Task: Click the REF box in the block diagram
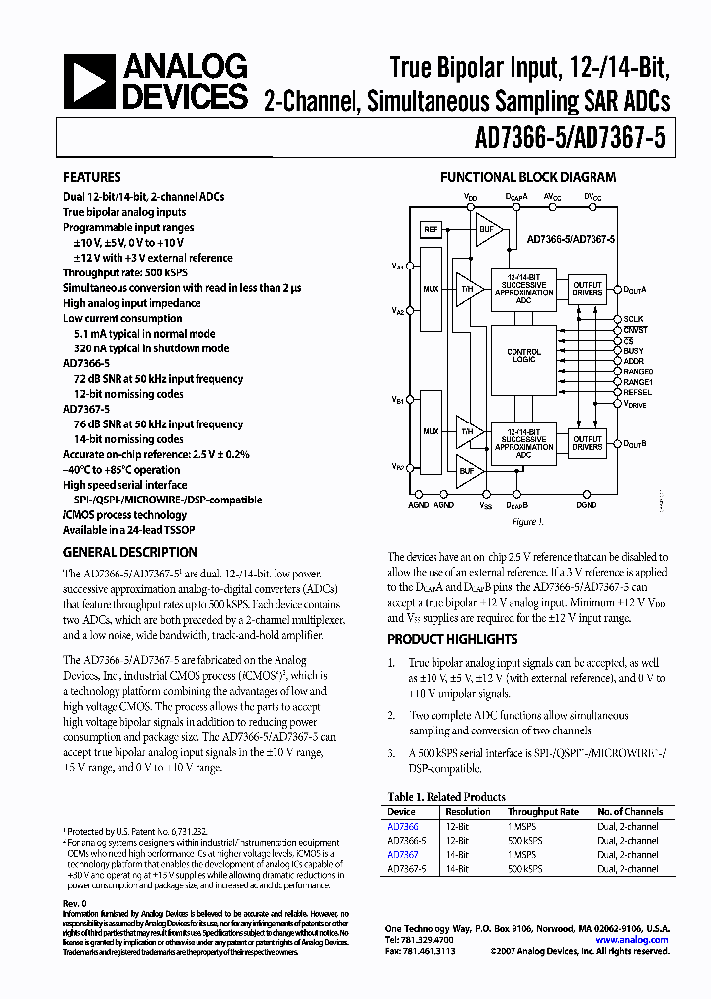click(431, 229)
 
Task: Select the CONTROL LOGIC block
click(523, 355)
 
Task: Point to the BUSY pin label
click(634, 350)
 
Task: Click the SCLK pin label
click(634, 319)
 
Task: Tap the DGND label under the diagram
click(587, 504)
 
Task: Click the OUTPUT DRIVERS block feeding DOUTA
click(588, 288)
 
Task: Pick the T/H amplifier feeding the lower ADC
click(467, 431)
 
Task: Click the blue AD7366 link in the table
click(402, 825)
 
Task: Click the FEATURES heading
click(92, 178)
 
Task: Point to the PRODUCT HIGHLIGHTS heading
click(452, 640)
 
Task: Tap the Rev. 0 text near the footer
click(75, 904)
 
